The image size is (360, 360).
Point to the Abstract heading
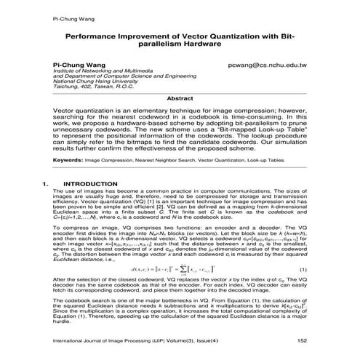(x=180, y=96)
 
